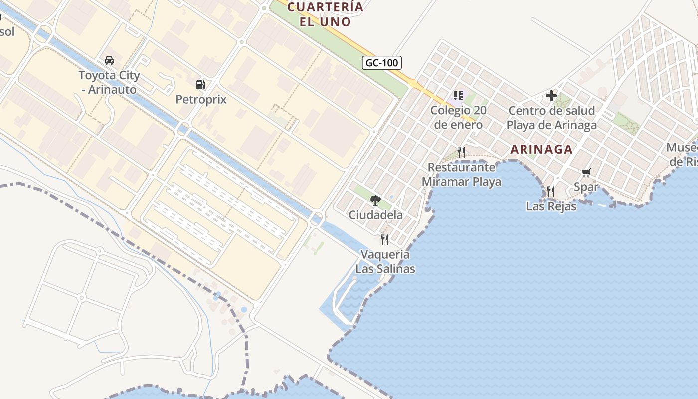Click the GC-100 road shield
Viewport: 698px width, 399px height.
pyautogui.click(x=381, y=63)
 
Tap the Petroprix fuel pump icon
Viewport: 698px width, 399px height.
pyautogui.click(x=201, y=85)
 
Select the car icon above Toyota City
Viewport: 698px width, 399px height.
pyautogui.click(x=109, y=60)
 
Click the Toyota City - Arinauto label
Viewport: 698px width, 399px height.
pyautogui.click(x=109, y=83)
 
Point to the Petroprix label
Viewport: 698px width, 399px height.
pyautogui.click(x=201, y=99)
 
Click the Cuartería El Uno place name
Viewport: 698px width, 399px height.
pyautogui.click(x=326, y=14)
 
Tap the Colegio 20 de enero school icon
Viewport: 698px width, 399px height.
pyautogui.click(x=458, y=95)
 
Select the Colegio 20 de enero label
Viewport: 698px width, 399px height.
pyautogui.click(x=458, y=117)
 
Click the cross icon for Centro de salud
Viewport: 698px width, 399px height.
pyautogui.click(x=551, y=95)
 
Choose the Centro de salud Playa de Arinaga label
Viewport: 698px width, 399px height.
pyautogui.click(x=551, y=118)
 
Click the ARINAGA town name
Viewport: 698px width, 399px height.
pyautogui.click(x=541, y=149)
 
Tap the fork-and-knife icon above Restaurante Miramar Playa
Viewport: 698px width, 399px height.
pyautogui.click(x=461, y=152)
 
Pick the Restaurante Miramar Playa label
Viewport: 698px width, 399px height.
pyautogui.click(x=461, y=174)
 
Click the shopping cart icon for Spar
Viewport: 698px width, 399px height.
pyautogui.click(x=586, y=172)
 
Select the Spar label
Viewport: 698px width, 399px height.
pyautogui.click(x=586, y=187)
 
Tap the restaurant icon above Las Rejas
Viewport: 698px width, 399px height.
pyautogui.click(x=551, y=191)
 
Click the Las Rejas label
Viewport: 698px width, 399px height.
pyautogui.click(x=551, y=206)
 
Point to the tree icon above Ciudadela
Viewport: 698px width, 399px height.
pyautogui.click(x=375, y=200)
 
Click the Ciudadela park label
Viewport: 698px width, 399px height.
pyautogui.click(x=375, y=215)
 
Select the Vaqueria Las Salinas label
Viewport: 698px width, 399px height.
pyautogui.click(x=385, y=262)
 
